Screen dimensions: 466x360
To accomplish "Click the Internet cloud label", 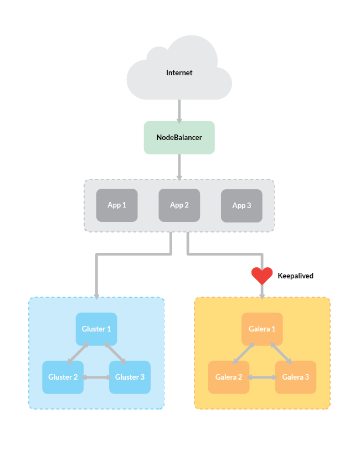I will (x=179, y=73).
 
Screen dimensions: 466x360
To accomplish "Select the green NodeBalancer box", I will (x=179, y=137).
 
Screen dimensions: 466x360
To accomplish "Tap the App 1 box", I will (x=117, y=205).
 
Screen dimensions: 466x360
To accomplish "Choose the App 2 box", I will (x=179, y=205).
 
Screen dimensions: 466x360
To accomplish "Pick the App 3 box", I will (x=241, y=206).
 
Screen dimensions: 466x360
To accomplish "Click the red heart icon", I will (x=262, y=276).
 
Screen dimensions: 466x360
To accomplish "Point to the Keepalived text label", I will (x=295, y=276).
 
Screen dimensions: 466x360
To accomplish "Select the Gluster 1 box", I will (x=96, y=329).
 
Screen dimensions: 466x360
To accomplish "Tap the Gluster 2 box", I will (x=63, y=377).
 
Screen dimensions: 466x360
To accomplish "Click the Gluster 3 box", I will (x=130, y=377).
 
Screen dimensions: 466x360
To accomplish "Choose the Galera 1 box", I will (x=262, y=329).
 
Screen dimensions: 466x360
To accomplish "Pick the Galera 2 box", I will (x=229, y=377).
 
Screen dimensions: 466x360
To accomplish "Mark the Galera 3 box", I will (x=295, y=377).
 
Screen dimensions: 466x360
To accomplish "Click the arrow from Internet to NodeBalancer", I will (x=179, y=111).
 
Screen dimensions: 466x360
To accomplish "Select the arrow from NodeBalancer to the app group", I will (x=179, y=166).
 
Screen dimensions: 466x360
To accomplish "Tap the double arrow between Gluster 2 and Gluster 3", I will (x=96, y=377).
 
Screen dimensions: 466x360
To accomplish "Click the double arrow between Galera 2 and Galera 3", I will (x=262, y=377).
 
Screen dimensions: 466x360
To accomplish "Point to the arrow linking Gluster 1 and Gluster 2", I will (x=78, y=353).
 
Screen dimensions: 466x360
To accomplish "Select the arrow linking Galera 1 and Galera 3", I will (x=281, y=353).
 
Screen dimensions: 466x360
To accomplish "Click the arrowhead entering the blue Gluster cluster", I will (x=96, y=295).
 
